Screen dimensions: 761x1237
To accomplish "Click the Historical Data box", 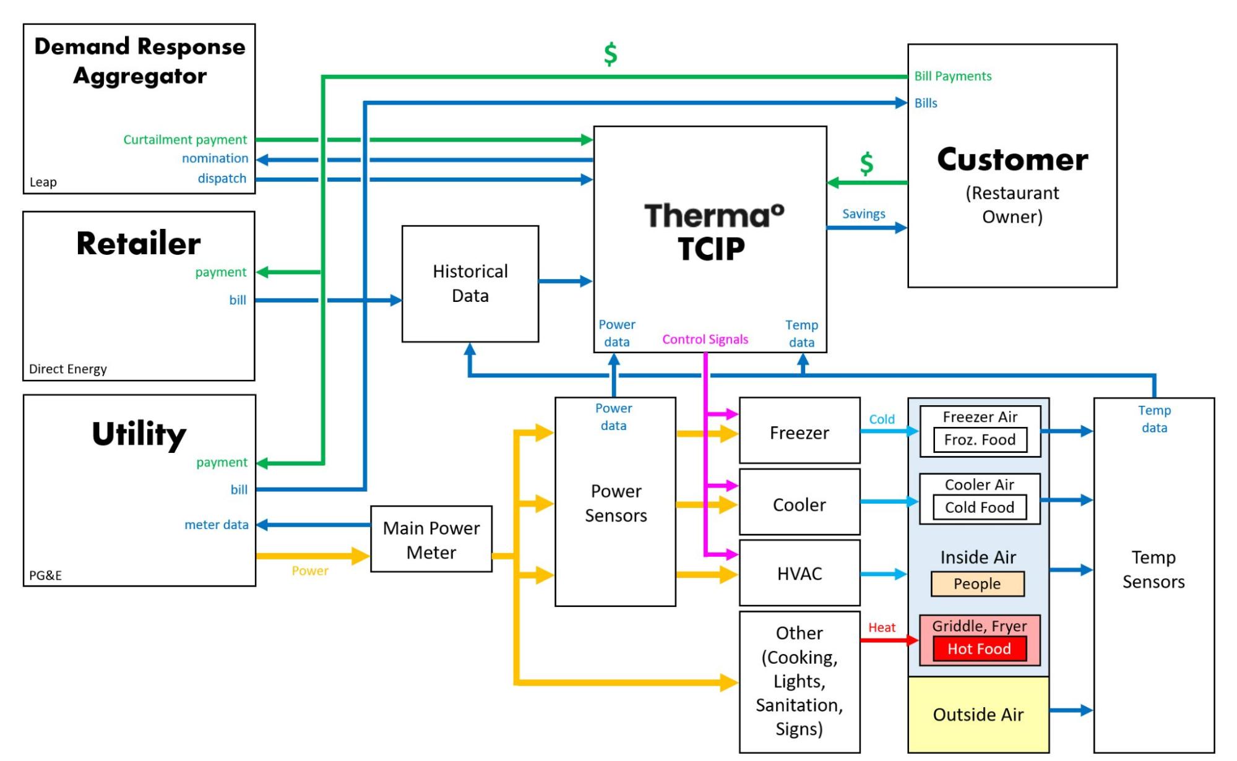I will point(470,283).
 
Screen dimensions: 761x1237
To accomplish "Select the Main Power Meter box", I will point(431,540).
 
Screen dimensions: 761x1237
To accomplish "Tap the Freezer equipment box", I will point(799,432).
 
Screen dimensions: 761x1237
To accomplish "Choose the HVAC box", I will point(799,574).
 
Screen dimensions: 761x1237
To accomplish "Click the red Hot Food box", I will point(979,649).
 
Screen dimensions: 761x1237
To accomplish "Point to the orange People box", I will point(977,583).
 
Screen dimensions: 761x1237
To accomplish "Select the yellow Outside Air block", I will point(978,715).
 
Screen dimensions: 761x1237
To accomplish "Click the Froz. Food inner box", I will point(980,440).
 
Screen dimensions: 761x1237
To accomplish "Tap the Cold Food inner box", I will point(979,507).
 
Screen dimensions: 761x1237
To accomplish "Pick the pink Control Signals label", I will point(705,339).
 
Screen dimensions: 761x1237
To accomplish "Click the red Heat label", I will point(881,627).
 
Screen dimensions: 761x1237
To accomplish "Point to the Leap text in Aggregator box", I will point(43,183).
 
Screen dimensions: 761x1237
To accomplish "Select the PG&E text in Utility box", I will point(46,575).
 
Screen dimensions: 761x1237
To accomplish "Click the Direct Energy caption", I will point(68,369).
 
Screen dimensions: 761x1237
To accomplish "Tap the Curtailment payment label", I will point(184,140).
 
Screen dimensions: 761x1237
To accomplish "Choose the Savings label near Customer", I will point(863,214).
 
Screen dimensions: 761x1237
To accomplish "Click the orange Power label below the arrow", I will point(310,571).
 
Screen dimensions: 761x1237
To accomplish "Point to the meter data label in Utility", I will point(216,525).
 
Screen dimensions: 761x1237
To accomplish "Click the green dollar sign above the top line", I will point(610,54).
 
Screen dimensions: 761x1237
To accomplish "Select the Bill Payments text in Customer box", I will point(952,76).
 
